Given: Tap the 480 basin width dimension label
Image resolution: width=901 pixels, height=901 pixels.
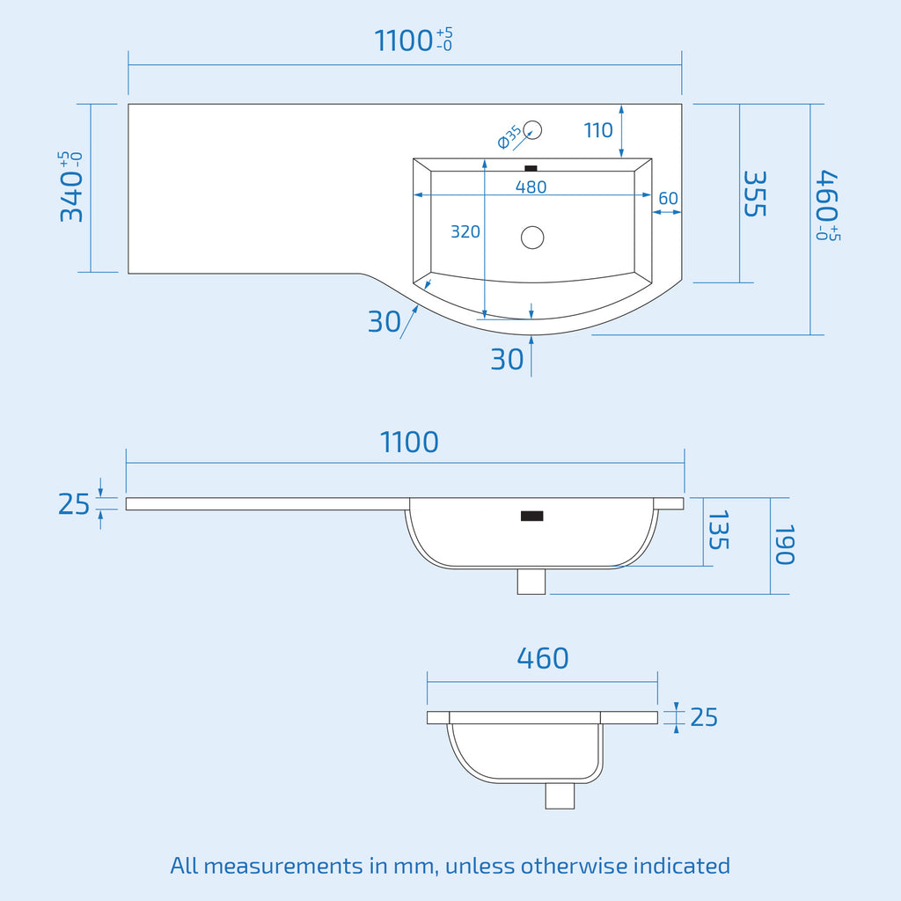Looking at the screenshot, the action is [531, 187].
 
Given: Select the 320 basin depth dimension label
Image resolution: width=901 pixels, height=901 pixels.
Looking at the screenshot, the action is [465, 231].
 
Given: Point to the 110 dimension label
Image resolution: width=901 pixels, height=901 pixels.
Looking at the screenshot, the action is [598, 130].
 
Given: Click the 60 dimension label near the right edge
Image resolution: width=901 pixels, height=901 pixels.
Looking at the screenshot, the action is [669, 198].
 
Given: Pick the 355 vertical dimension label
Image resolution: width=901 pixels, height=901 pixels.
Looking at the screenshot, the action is [755, 194].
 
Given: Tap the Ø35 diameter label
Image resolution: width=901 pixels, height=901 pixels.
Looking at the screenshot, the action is [509, 137].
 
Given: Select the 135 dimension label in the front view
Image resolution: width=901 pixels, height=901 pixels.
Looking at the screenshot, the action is [718, 530].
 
